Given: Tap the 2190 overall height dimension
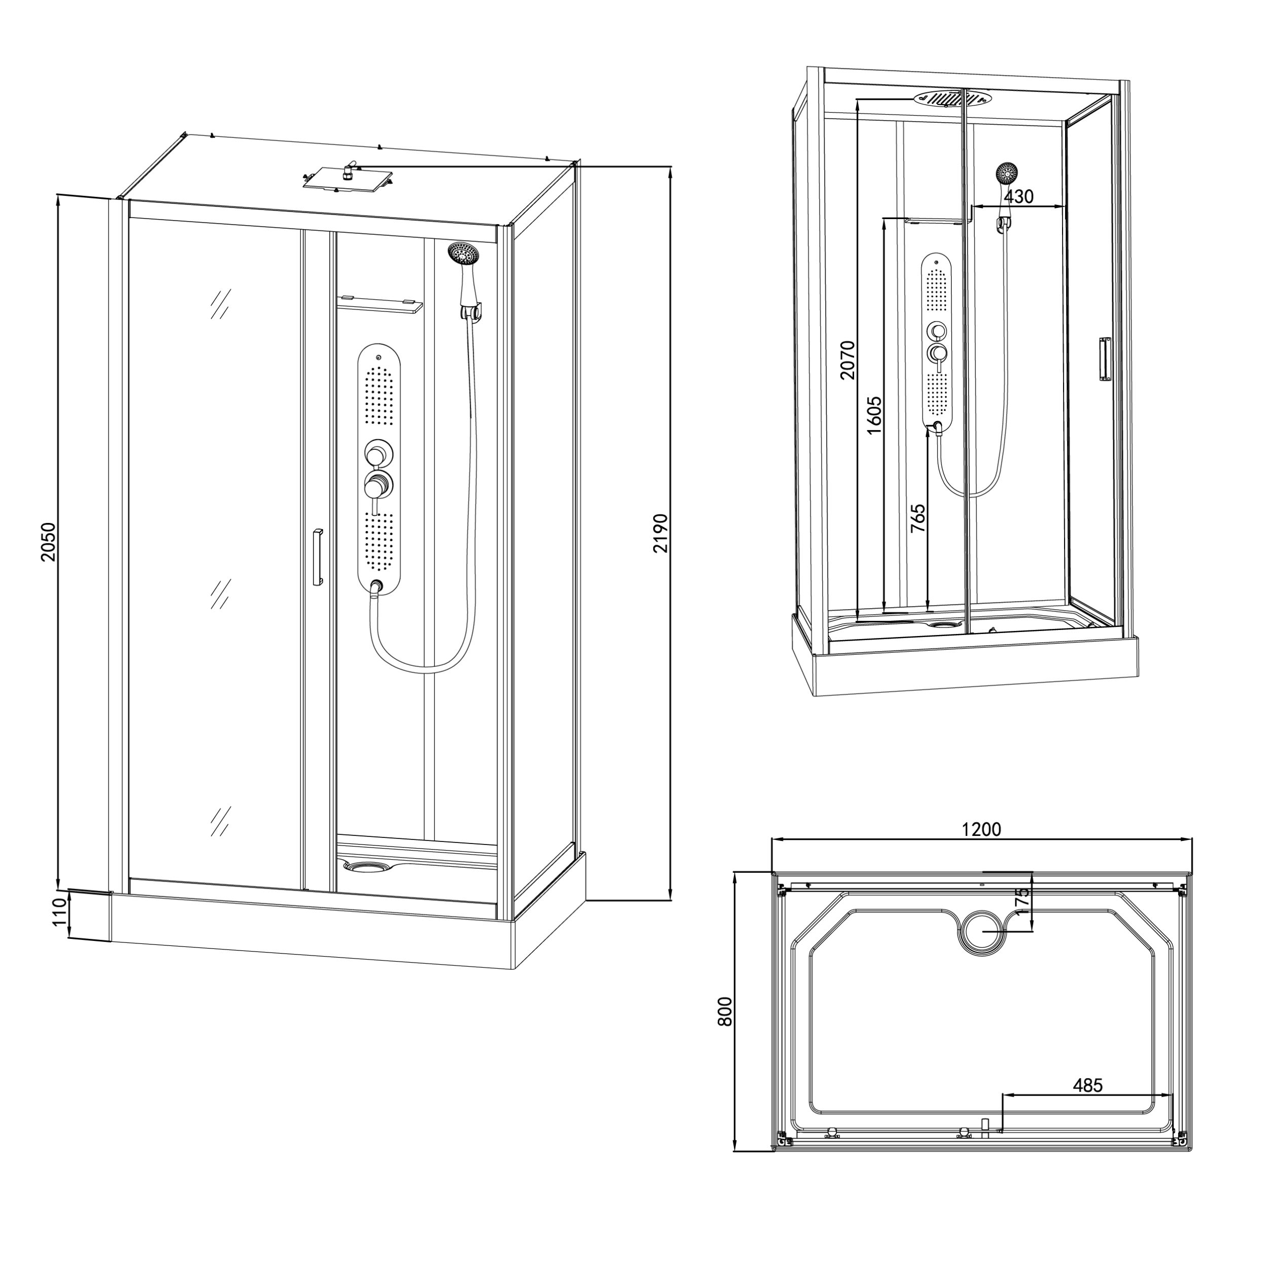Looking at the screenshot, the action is [x=660, y=534].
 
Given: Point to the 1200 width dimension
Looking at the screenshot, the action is [x=982, y=830].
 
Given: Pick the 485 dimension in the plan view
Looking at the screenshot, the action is [x=1087, y=1085].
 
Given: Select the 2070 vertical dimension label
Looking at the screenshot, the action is [x=848, y=360].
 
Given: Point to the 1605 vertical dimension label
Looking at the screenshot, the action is [x=873, y=415].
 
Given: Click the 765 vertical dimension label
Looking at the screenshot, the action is [x=918, y=517].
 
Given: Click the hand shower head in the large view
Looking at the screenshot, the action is [x=464, y=253].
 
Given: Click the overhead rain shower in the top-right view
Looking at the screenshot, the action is [x=953, y=98].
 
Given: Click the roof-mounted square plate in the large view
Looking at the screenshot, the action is [x=346, y=179].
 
